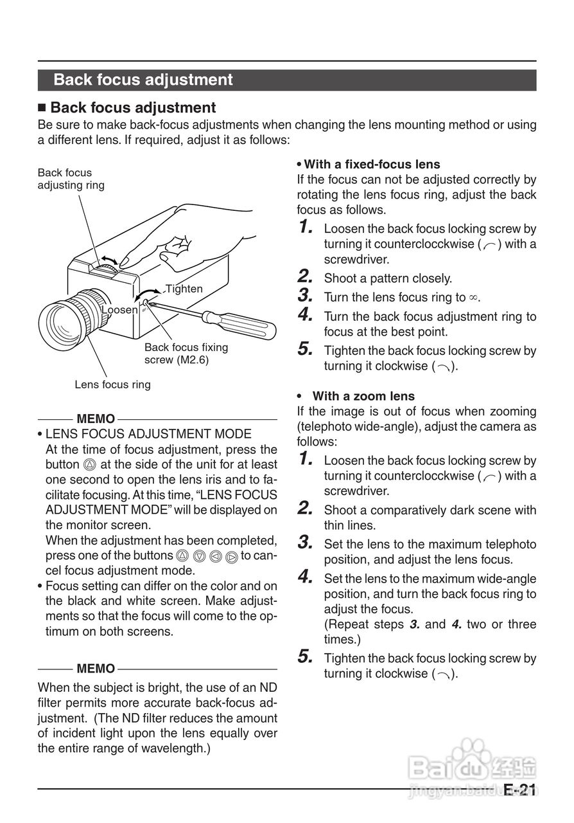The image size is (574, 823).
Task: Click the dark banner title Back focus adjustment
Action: click(143, 80)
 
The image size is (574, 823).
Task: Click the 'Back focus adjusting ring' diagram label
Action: click(71, 179)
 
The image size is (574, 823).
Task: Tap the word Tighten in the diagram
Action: click(184, 289)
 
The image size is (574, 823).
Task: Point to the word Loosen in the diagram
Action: click(120, 310)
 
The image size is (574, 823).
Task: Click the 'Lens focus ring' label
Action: click(112, 384)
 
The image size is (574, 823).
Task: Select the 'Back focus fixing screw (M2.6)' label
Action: click(186, 354)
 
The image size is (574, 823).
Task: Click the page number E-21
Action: click(519, 790)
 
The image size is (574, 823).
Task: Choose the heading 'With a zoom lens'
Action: click(363, 396)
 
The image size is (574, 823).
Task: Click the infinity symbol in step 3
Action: click(473, 298)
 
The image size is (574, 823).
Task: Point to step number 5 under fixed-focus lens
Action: click(306, 350)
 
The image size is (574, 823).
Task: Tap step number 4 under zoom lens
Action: click(306, 577)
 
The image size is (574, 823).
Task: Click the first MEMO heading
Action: click(96, 419)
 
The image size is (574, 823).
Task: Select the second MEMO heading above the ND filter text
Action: click(96, 669)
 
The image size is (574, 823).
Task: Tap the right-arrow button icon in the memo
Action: click(232, 556)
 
